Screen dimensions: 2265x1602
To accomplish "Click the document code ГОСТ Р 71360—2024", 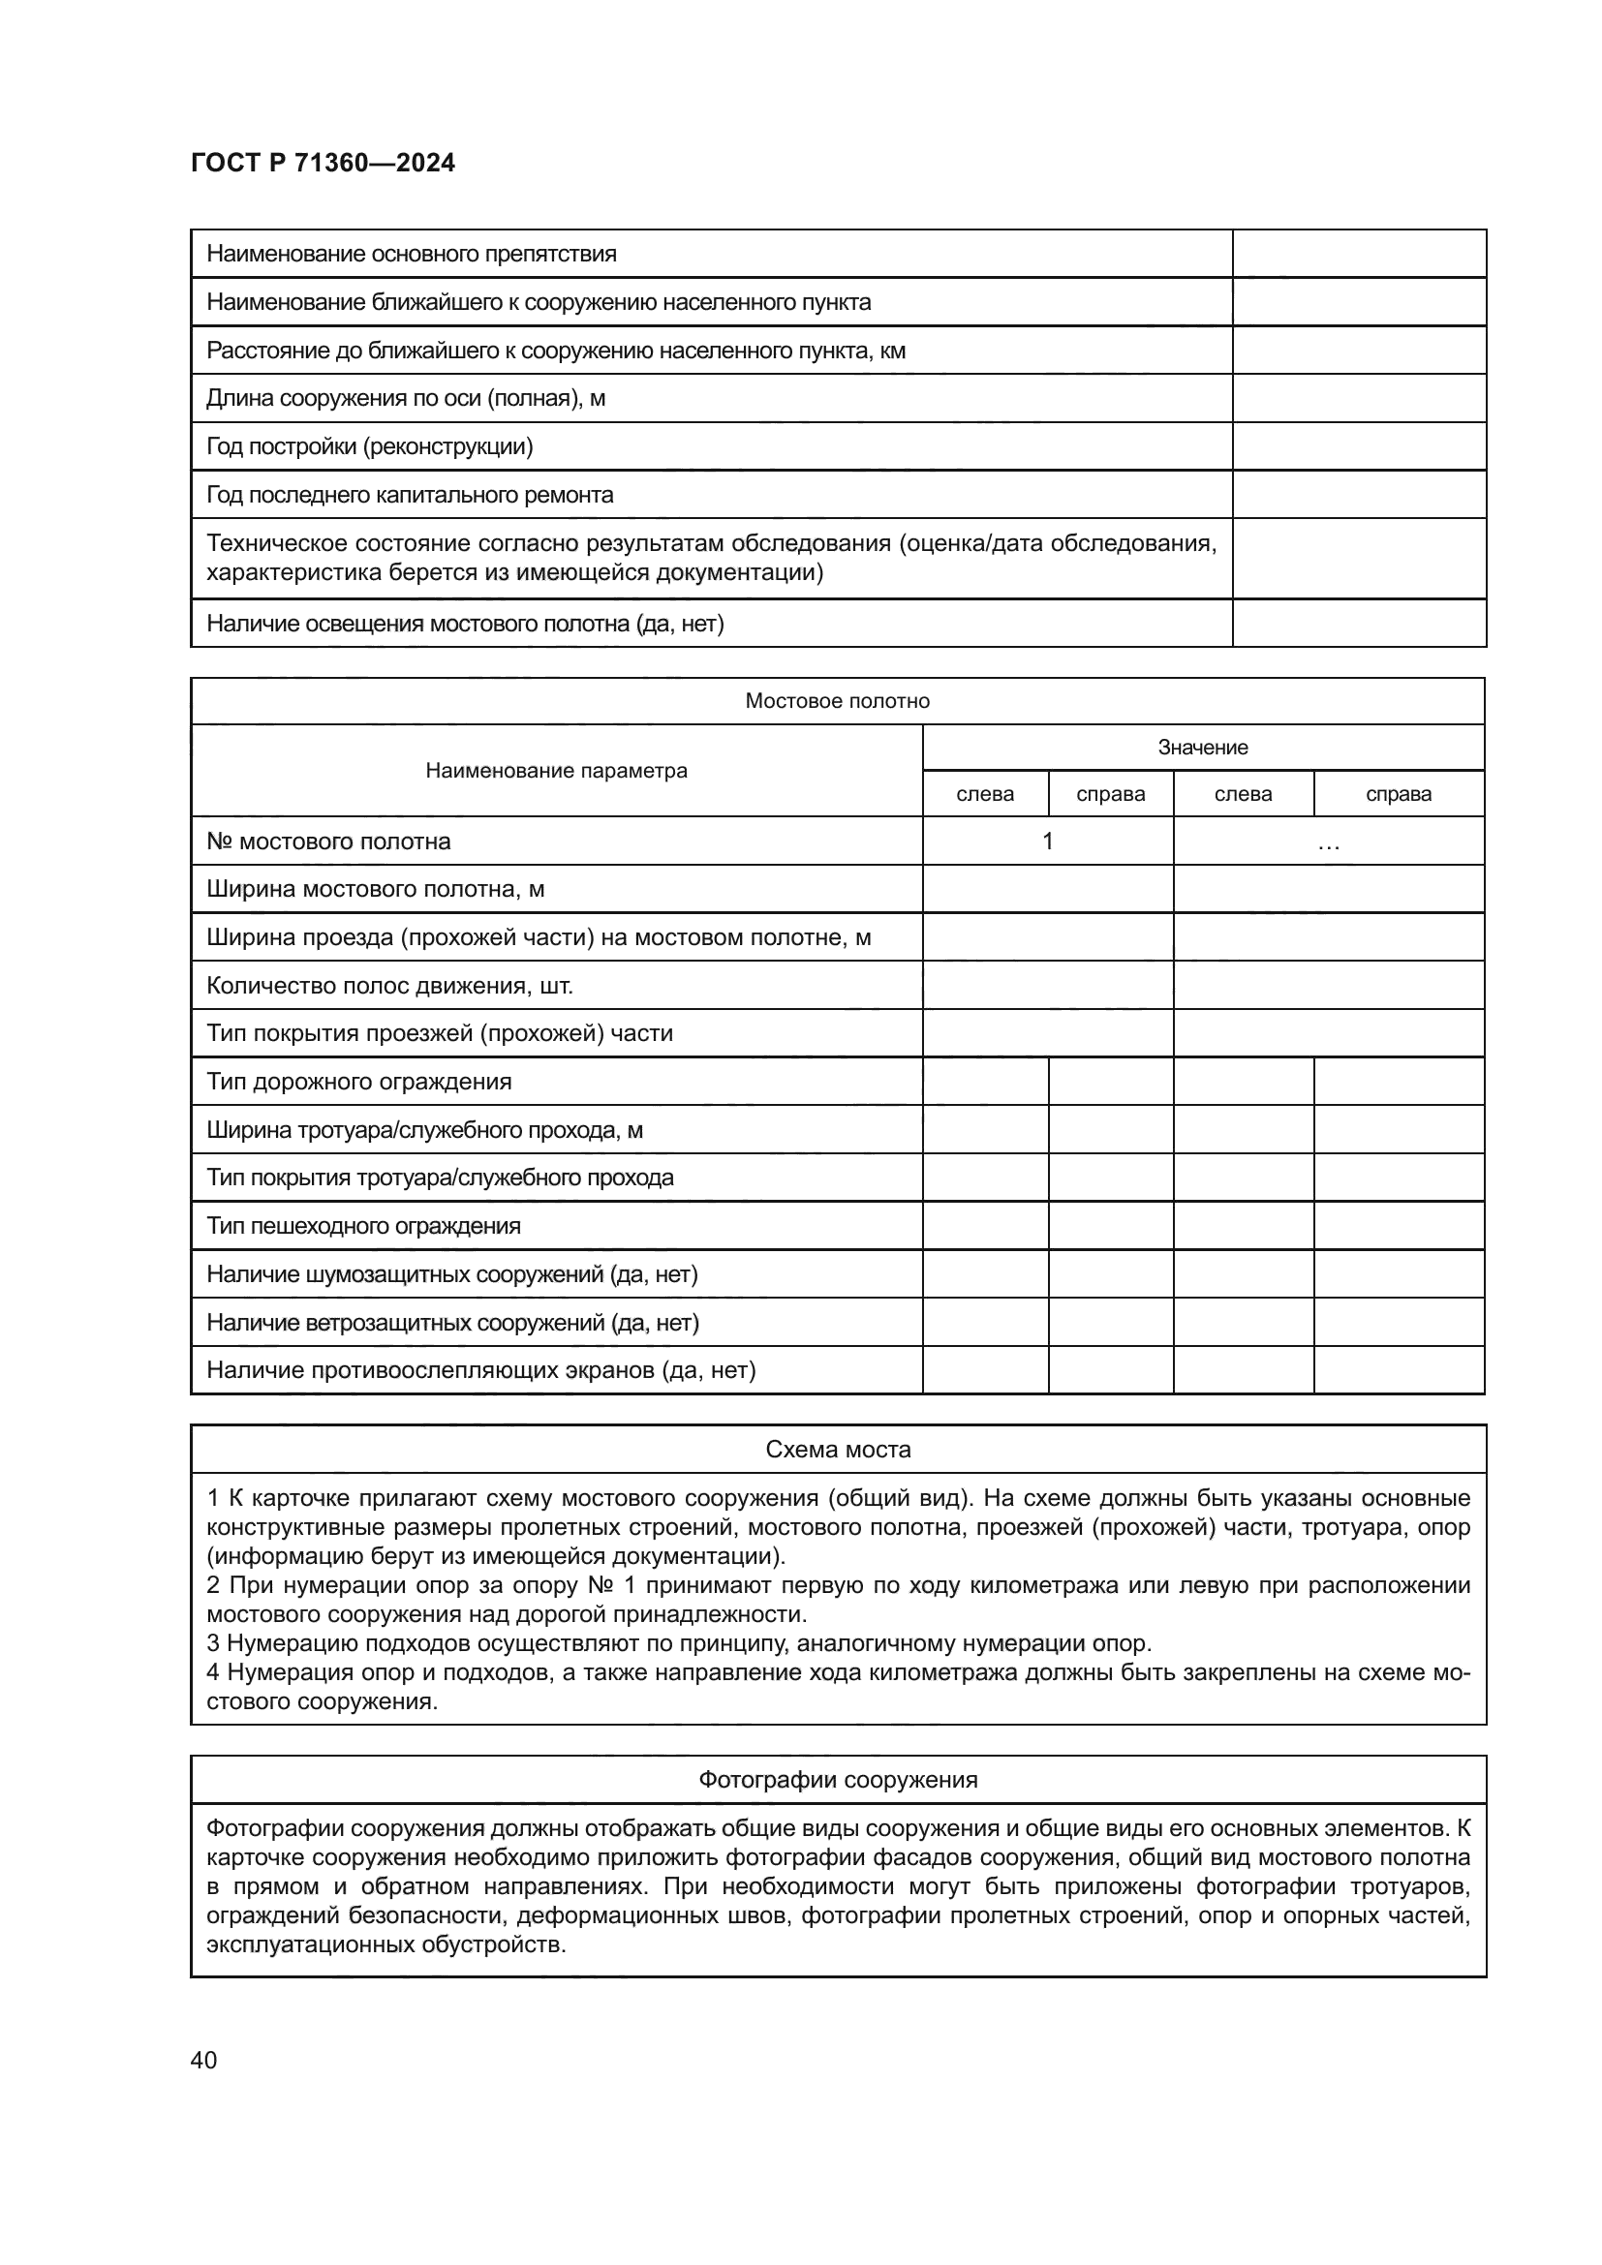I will (x=323, y=164).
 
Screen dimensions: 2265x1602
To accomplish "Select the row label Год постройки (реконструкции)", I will (x=369, y=446).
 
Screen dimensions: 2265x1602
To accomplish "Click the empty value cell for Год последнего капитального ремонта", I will (x=1358, y=494).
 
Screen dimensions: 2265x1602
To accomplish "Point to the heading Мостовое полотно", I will (x=837, y=700).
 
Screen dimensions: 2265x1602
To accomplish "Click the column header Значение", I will (x=1203, y=747).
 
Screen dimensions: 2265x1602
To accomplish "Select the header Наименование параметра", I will (x=556, y=771).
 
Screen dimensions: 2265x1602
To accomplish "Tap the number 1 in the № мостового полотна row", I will (x=1048, y=841).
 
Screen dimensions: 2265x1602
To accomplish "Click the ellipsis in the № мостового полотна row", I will (x=1328, y=844).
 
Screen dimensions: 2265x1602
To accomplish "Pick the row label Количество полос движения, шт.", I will (x=389, y=986).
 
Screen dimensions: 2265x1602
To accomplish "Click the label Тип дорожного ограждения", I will (x=359, y=1082).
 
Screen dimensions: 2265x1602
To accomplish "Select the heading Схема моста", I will (x=838, y=1450).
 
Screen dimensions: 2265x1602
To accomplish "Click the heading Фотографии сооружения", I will (x=838, y=1780).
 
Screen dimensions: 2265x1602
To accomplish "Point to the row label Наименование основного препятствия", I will (x=412, y=254).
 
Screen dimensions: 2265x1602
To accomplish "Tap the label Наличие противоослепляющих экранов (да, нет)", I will (x=481, y=1370).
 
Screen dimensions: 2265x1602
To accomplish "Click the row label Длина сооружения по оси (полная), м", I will (x=406, y=399).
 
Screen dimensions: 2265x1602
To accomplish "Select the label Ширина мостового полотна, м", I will (x=375, y=889).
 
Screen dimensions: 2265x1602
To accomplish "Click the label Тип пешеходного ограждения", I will (x=363, y=1226).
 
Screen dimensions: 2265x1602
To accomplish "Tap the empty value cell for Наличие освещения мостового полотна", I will (x=1358, y=624).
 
